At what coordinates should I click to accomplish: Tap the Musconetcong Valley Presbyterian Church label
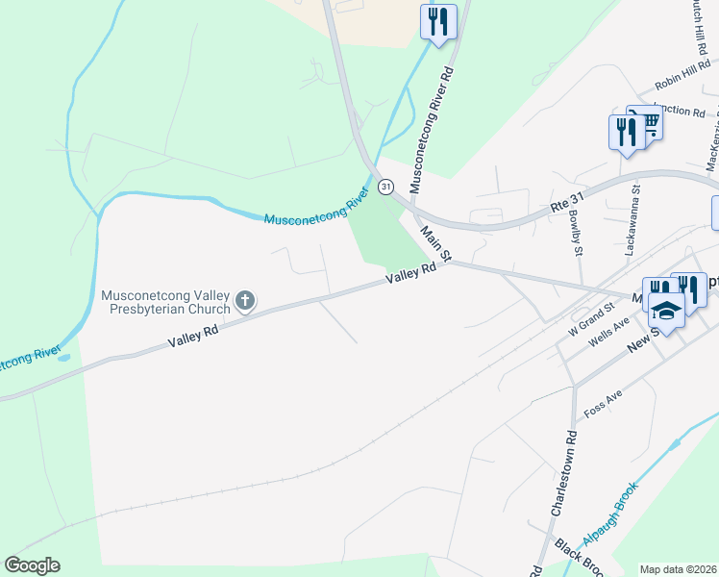point(166,302)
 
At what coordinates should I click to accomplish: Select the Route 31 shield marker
point(384,185)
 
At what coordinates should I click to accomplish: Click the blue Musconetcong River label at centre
point(316,209)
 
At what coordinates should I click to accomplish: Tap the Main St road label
point(436,244)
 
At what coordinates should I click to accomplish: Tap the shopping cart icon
point(648,123)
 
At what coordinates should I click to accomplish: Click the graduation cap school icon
point(666,310)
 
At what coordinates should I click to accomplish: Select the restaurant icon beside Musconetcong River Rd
point(438,21)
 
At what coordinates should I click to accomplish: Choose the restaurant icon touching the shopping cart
point(626,132)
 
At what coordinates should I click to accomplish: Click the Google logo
point(32,565)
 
